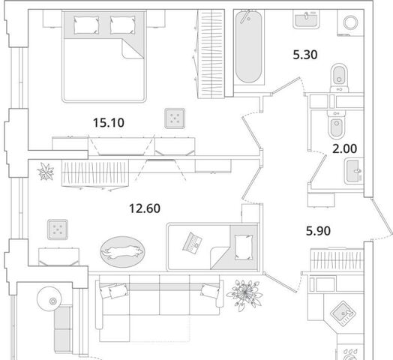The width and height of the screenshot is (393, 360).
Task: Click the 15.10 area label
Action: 109,123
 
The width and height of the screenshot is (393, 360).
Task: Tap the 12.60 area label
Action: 145,208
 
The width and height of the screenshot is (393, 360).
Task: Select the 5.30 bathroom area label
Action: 305,55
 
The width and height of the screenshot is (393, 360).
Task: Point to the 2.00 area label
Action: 345,148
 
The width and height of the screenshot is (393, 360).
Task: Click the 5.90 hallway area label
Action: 318,231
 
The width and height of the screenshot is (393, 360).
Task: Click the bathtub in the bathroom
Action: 249,47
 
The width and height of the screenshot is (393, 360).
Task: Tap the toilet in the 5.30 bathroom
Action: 339,78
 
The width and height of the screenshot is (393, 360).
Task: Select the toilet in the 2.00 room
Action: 337,124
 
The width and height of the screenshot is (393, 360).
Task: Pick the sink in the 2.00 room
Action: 354,171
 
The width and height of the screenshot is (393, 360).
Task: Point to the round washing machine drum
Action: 350,22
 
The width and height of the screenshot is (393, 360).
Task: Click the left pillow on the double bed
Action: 86,25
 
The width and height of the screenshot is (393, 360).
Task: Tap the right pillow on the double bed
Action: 122,25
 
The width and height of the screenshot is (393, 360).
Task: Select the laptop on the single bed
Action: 193,243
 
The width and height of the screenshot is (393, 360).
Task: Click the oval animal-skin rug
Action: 122,251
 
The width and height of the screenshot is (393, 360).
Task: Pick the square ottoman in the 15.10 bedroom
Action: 175,118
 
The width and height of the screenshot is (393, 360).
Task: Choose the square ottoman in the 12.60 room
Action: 58,229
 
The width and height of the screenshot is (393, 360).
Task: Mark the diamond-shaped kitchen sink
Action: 343,313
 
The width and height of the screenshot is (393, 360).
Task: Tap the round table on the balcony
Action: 49,298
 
